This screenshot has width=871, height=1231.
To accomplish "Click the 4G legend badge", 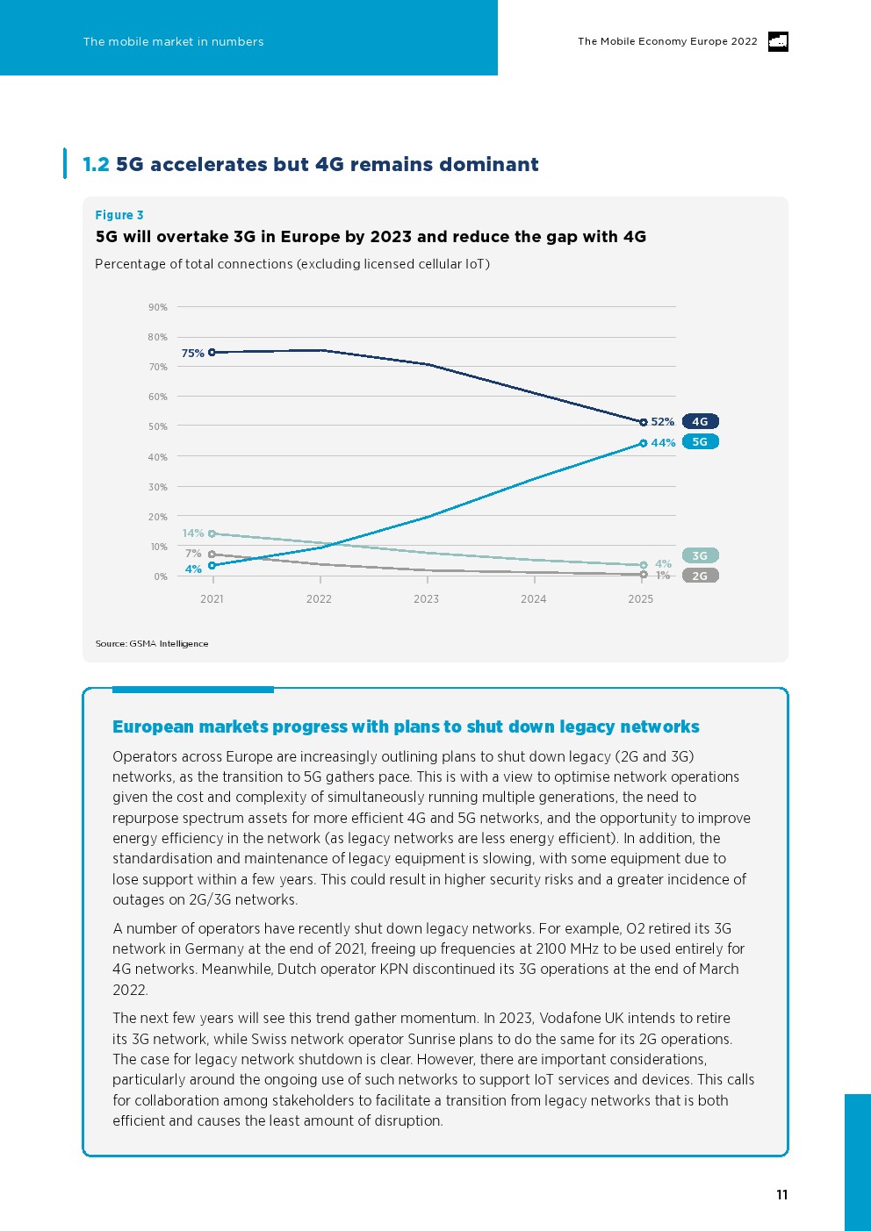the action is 700,421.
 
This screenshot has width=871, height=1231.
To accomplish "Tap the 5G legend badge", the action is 700,442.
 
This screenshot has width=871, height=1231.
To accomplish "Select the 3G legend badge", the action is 700,555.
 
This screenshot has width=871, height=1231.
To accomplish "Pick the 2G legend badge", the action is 700,576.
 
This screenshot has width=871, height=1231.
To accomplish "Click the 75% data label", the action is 192,354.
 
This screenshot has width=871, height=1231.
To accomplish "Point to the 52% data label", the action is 663,421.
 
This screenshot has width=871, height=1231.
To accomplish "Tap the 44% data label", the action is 663,442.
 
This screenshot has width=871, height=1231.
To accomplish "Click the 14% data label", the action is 193,533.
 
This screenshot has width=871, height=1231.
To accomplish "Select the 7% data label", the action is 193,554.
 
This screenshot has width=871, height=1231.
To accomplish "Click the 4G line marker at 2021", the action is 212,352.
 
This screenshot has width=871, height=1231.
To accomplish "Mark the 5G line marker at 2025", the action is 644,443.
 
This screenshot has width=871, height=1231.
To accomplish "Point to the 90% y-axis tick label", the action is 158,307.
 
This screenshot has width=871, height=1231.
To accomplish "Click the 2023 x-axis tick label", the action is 426,599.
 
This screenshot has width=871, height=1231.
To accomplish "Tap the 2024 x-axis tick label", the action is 533,599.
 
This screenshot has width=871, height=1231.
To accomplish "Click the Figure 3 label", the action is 119,215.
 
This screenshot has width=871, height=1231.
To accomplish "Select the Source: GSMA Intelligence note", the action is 152,643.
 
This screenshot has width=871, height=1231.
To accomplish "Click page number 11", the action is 782,1194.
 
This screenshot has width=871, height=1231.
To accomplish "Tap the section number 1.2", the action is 97,164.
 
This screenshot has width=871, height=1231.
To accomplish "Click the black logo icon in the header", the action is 778,42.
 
